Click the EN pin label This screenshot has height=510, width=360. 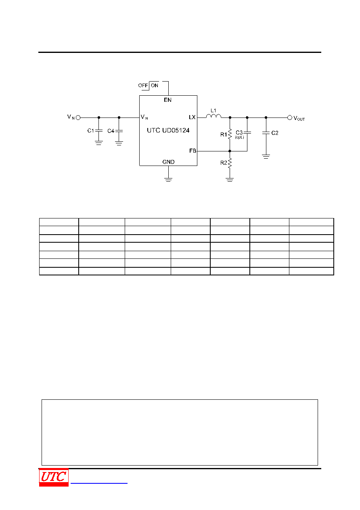coord(167,100)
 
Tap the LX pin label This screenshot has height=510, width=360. coord(192,117)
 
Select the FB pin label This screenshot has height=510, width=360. coord(193,151)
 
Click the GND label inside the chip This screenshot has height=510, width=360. coord(168,162)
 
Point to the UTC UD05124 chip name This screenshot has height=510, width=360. coord(168,130)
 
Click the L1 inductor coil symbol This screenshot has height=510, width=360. coord(213,116)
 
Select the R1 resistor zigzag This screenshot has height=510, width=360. coord(230,134)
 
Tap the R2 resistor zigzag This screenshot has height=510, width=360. coord(230,163)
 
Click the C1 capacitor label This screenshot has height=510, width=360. coord(90,130)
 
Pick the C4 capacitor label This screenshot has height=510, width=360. coord(111,131)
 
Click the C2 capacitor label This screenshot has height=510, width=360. coord(275,133)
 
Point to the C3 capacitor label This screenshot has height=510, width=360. coord(239,132)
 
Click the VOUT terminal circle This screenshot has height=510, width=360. coord(290,118)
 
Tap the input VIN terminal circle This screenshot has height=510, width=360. coord(78,118)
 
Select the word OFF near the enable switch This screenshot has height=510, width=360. coord(143,86)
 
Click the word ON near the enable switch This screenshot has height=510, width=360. coord(155,86)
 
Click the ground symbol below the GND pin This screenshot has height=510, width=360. coord(168,180)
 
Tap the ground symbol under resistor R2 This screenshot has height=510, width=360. coord(230,180)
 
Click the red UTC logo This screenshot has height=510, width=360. coord(54,477)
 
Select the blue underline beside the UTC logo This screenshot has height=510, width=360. coord(99,483)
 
